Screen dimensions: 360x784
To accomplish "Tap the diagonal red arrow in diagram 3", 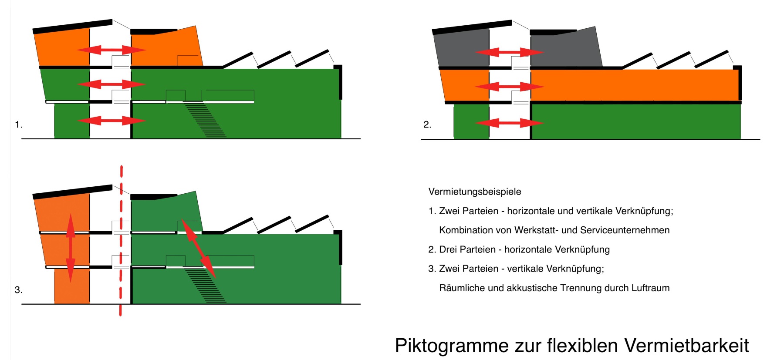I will [198, 249].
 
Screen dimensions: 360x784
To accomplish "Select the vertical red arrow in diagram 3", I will [71, 248].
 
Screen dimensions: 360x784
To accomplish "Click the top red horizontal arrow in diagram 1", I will [112, 50].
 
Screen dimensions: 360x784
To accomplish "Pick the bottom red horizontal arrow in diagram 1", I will [112, 120].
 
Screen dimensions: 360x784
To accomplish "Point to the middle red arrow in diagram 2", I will [509, 87].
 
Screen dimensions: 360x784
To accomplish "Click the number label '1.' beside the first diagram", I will [18, 125].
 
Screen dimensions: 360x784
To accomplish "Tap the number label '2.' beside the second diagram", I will [427, 125].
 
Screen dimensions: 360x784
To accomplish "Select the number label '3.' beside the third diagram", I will [18, 290].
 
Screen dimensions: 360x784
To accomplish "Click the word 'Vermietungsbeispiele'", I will [475, 192].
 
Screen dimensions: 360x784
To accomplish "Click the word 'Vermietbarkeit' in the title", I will [687, 346].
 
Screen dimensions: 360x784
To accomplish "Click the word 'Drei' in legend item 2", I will [449, 250].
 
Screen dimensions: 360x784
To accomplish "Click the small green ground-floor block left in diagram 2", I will [471, 121].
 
